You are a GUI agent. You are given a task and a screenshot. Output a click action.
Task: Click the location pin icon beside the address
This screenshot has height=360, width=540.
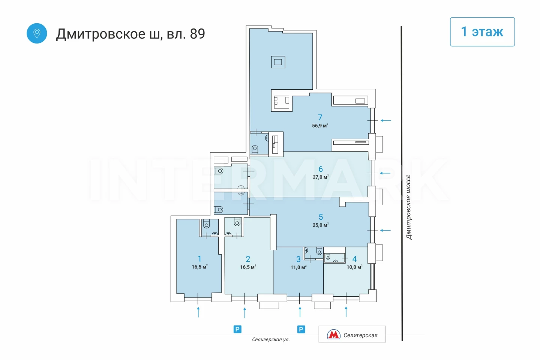pyautogui.click(x=37, y=33)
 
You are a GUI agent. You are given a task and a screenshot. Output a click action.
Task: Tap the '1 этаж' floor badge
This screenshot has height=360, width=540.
pyautogui.click(x=482, y=31)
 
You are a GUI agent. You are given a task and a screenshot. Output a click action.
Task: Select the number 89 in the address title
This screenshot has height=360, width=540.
pyautogui.click(x=197, y=34)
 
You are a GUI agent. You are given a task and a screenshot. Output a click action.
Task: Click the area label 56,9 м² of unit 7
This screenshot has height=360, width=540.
pyautogui.click(x=320, y=125)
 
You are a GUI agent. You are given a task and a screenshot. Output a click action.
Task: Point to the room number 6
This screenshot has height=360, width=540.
pyautogui.click(x=321, y=169)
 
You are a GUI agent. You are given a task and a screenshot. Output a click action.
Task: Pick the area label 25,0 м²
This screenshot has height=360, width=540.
pyautogui.click(x=321, y=225)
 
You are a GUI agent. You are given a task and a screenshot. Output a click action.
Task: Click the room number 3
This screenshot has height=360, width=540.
pyautogui.click(x=298, y=259)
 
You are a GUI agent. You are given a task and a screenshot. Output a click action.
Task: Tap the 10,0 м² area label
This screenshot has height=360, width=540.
pyautogui.click(x=354, y=267)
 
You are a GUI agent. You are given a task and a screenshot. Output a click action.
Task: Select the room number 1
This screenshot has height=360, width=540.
pyautogui.click(x=199, y=259)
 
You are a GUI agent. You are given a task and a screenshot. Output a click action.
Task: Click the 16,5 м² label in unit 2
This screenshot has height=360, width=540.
pyautogui.click(x=248, y=267)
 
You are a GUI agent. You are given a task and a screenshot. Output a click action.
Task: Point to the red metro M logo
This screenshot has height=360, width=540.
pyautogui.click(x=334, y=334)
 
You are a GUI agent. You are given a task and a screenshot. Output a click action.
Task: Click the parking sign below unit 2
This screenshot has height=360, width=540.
pyautogui.click(x=237, y=329)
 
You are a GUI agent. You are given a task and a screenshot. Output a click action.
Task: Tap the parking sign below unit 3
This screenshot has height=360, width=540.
pyautogui.click(x=301, y=329)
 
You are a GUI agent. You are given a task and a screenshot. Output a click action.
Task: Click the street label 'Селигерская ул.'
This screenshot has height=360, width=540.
pyautogui.click(x=271, y=339)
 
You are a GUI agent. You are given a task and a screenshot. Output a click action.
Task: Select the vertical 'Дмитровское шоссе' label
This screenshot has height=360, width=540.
pyautogui.click(x=408, y=207)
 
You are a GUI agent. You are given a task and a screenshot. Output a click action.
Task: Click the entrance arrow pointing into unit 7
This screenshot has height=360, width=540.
pyautogui.click(x=386, y=120)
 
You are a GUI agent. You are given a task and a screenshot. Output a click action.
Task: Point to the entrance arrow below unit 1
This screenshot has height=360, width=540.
pyautogui.click(x=198, y=312)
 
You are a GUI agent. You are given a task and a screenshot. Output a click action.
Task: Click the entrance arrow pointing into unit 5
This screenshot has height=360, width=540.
pyautogui.click(x=385, y=230)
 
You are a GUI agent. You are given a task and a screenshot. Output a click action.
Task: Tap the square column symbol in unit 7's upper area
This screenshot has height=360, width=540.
pyautogui.click(x=278, y=62)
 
